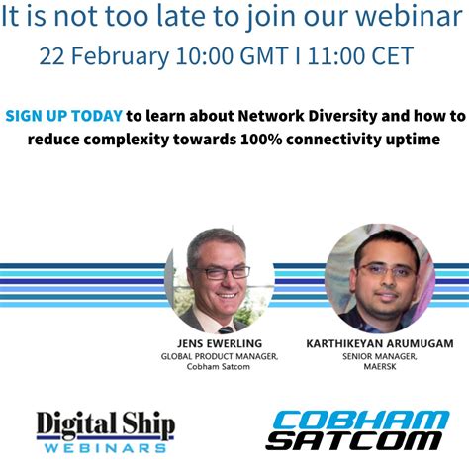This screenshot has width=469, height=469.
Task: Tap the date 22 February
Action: tap(103, 56)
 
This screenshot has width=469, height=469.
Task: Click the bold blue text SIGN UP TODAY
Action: tap(63, 115)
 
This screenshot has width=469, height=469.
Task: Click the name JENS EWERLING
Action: tap(216, 345)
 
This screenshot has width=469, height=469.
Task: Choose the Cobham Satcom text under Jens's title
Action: tap(216, 368)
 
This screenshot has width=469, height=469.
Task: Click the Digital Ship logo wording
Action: tap(106, 424)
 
